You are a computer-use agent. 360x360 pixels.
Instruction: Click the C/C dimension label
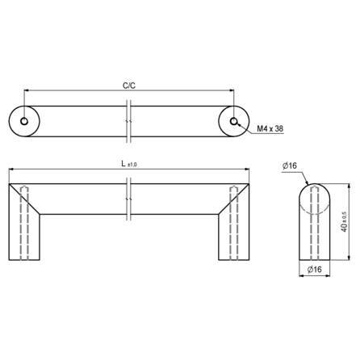[x=129, y=86]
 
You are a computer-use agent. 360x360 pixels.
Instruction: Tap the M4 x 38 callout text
[x=270, y=128]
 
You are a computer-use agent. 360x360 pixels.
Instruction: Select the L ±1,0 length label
[x=129, y=164]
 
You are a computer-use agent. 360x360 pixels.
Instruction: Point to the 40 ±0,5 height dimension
[x=345, y=222]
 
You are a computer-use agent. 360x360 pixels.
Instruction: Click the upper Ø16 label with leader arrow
[x=290, y=165]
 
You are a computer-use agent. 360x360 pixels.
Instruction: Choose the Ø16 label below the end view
[x=315, y=269]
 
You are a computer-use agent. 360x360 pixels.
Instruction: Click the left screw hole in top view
[x=24, y=121]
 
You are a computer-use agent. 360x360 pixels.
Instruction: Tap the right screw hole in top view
[x=234, y=121]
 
